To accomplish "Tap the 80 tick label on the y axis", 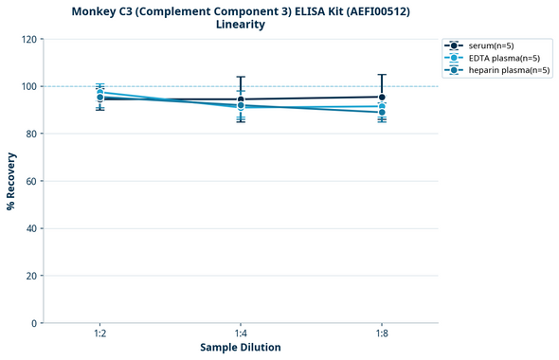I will click(30, 134).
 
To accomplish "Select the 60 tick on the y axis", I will click(30, 181).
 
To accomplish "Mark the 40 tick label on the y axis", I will click(30, 228).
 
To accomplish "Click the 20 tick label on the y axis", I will click(30, 276).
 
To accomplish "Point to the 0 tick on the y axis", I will click(33, 323).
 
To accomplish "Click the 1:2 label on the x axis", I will click(100, 333).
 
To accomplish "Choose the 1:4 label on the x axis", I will click(241, 333).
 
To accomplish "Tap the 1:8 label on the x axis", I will click(381, 333).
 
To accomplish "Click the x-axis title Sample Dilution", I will click(241, 348).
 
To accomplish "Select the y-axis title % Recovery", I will click(11, 181).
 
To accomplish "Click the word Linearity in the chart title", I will click(241, 25).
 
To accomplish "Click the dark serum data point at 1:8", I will click(381, 97).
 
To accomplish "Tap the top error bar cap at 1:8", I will click(381, 74).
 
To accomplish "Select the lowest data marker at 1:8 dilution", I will click(381, 113).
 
